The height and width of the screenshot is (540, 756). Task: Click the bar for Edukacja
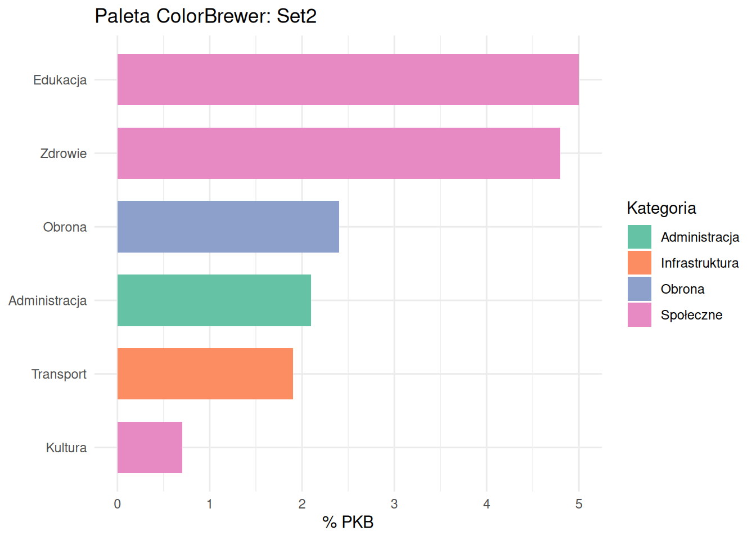[348, 79]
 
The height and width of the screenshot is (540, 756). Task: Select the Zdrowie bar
[339, 153]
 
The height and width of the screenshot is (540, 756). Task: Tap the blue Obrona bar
[228, 227]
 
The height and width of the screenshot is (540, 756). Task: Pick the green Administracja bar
[214, 300]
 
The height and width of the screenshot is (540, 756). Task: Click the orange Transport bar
[205, 373]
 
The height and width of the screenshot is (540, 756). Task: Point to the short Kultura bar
[150, 447]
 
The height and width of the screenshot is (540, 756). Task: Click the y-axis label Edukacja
[60, 80]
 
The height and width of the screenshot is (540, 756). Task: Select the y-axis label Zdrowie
[64, 154]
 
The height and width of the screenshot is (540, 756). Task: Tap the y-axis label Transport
[59, 374]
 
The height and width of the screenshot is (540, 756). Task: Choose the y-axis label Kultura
[66, 448]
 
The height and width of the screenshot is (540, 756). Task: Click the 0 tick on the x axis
[118, 504]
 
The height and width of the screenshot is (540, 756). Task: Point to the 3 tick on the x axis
[394, 504]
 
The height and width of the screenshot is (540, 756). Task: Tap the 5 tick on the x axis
[579, 504]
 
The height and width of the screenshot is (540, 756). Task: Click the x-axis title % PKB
[348, 522]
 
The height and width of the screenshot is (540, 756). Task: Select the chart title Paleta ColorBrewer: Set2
[205, 16]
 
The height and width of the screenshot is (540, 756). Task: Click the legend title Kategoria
[661, 208]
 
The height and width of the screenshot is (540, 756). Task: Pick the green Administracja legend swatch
[639, 237]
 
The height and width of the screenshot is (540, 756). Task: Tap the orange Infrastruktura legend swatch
[639, 263]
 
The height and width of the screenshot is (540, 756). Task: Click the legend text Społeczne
[691, 315]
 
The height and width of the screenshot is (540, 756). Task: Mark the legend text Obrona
[682, 289]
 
